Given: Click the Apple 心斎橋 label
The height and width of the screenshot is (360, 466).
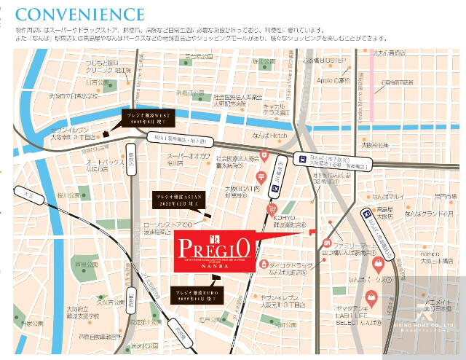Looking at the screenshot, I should pyautogui.click(x=333, y=80).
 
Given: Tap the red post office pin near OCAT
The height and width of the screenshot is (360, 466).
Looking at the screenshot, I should pyautogui.click(x=261, y=175).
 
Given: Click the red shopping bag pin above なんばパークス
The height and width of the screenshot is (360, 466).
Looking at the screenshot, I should pyautogui.click(x=378, y=262).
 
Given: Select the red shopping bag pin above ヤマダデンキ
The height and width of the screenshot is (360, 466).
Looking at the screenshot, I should pyautogui.click(x=371, y=297).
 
